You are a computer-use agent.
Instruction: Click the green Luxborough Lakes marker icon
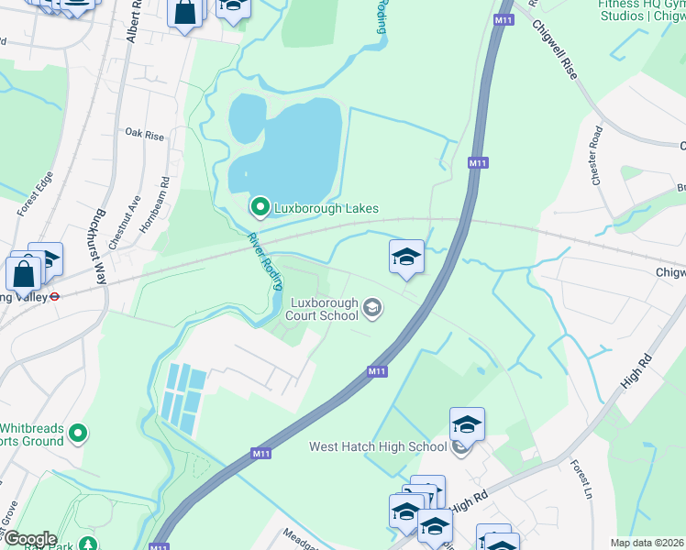click(260, 208)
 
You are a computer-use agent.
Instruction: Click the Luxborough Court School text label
click(325, 309)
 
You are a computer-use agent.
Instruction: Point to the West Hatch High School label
click(378, 447)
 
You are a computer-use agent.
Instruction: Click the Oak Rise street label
click(144, 136)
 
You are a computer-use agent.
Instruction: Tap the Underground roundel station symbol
click(54, 296)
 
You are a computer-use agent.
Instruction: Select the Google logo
click(29, 539)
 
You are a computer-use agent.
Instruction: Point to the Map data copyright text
click(647, 543)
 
